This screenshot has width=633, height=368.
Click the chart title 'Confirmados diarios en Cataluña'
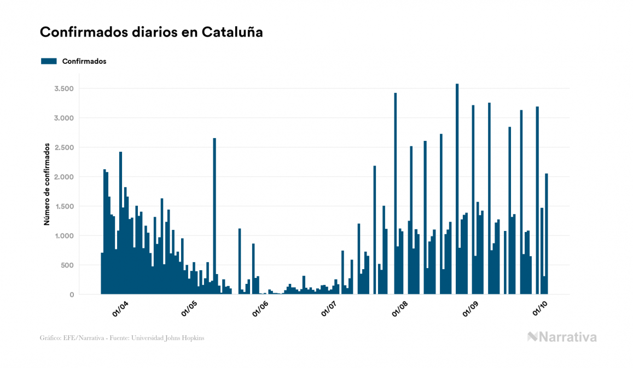pyautogui.click(x=152, y=32)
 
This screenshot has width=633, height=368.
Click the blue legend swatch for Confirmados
pyautogui.click(x=49, y=61)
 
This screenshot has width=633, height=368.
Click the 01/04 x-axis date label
pyautogui.click(x=120, y=308)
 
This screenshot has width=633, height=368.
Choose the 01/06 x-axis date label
pyautogui.click(x=260, y=308)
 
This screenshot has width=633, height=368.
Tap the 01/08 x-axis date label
pyautogui.click(x=400, y=308)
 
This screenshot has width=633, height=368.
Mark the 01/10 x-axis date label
pyautogui.click(x=540, y=308)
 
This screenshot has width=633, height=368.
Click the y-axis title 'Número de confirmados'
pyautogui.click(x=47, y=185)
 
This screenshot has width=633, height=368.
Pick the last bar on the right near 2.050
pyautogui.click(x=547, y=235)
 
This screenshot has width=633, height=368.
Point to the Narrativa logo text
pyautogui.click(x=567, y=337)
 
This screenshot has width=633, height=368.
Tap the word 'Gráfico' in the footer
pyautogui.click(x=51, y=338)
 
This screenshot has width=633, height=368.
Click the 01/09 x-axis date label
pyautogui.click(x=471, y=308)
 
